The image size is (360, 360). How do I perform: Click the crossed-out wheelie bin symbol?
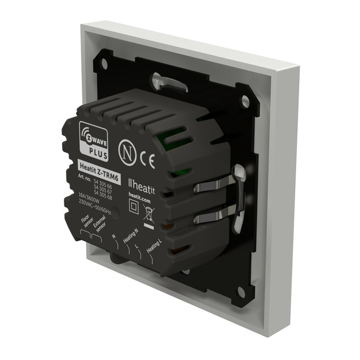point(149,213)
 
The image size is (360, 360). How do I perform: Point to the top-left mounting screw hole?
point(104,64)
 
